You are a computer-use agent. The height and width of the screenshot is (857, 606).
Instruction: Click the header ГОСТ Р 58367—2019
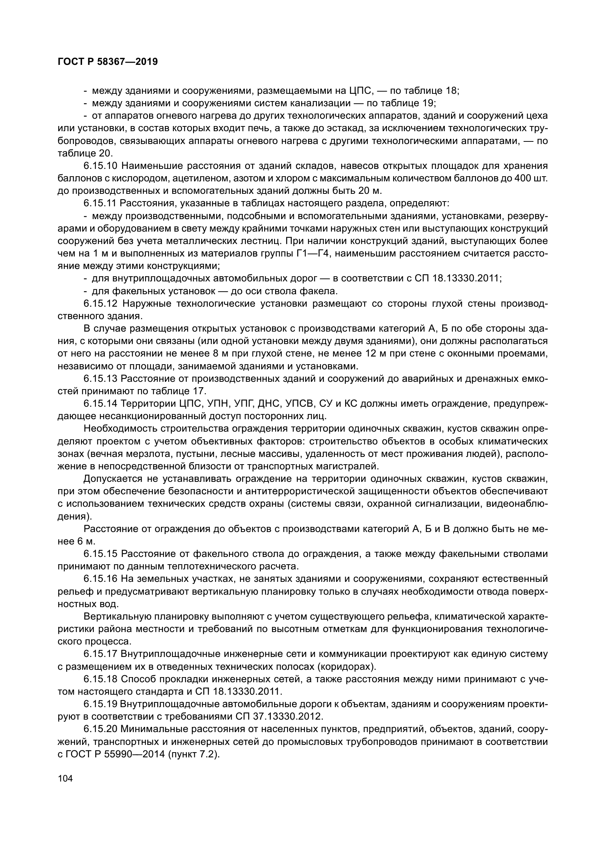coord(108,62)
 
